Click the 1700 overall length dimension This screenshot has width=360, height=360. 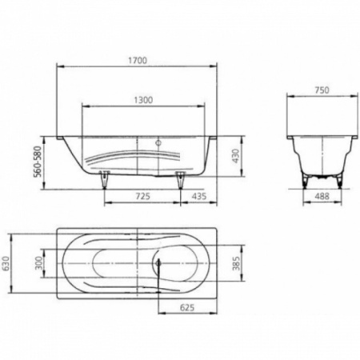tap(138, 61)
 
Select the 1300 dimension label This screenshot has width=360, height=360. tap(143, 100)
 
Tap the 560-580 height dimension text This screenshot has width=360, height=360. tap(38, 162)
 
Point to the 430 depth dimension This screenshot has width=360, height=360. tap(236, 156)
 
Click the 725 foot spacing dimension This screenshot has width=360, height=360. tap(143, 196)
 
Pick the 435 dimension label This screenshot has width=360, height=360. tap(199, 196)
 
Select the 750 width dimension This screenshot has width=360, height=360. tap(322, 90)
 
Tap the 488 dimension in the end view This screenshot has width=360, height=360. tap(322, 196)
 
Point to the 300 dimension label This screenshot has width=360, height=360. tap(39, 263)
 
